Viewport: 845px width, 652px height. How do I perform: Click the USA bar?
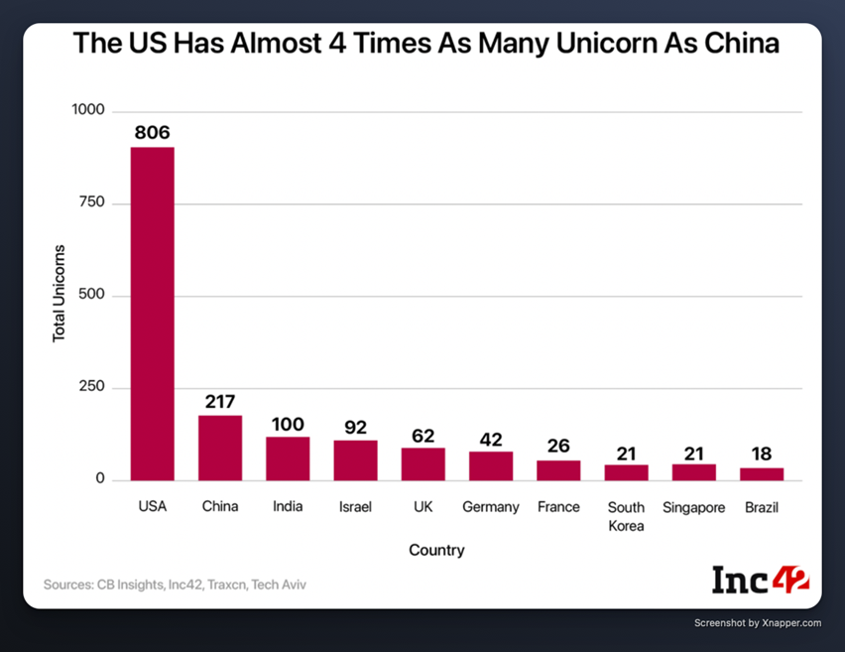(153, 314)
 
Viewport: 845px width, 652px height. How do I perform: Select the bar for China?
(220, 448)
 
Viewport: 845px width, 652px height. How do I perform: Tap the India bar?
(288, 458)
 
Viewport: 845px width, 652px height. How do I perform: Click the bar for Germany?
(491, 466)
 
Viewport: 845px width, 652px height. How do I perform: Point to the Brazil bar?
(762, 474)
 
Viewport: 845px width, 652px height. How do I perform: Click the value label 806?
(153, 132)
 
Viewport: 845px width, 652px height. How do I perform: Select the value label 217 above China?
(220, 401)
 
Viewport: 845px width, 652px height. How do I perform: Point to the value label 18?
(762, 453)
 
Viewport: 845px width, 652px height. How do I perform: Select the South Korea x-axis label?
(626, 516)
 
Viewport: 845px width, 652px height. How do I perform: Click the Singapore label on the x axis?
(694, 507)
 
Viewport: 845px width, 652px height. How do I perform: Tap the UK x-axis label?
(423, 507)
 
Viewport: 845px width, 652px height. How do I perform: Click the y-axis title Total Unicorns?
(60, 294)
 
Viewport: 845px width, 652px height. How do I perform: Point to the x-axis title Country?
(435, 550)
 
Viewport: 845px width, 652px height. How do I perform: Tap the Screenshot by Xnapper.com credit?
(758, 623)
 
